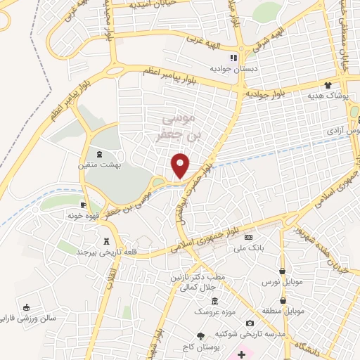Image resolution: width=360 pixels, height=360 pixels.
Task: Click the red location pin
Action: click(x=181, y=165)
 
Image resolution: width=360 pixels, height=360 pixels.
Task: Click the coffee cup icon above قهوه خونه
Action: click(x=84, y=205)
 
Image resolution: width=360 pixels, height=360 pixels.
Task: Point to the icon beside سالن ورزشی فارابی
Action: click(x=26, y=307)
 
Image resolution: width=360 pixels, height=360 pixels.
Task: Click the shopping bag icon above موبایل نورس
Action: click(x=281, y=271)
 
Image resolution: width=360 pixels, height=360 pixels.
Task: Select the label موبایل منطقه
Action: click(x=282, y=310)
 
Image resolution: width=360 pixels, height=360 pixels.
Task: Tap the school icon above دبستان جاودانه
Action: click(x=233, y=58)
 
